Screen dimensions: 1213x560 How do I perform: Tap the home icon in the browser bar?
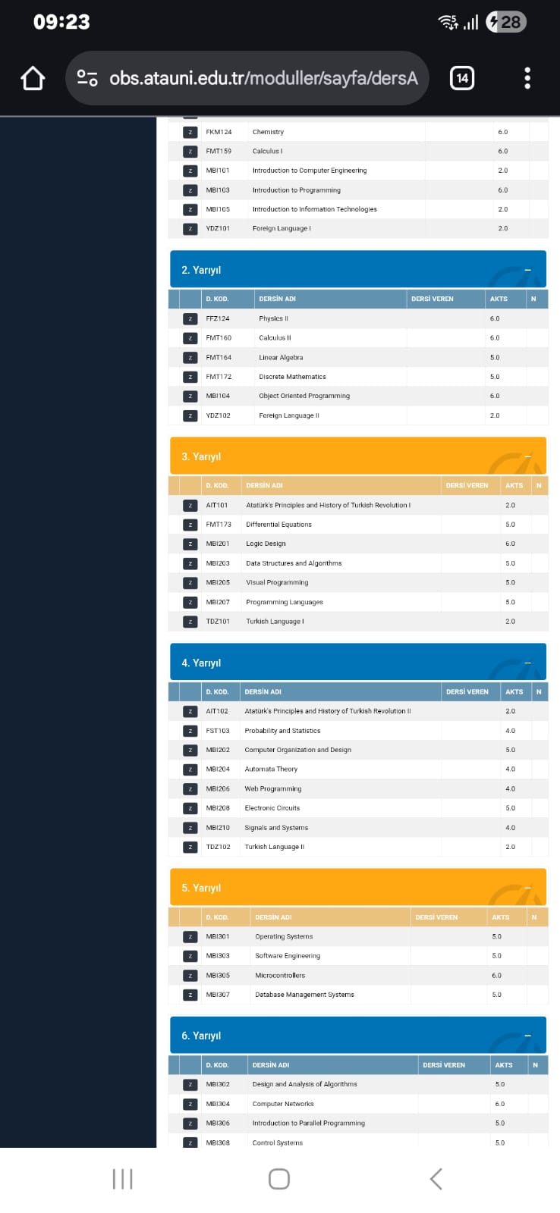[33, 78]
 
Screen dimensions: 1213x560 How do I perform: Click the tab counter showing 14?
[462, 78]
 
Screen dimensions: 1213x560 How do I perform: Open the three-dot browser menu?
[527, 78]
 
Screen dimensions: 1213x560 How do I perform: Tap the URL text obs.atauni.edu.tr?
[263, 78]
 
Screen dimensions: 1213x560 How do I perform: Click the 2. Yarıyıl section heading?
[201, 270]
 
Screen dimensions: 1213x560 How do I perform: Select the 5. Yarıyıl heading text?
[201, 888]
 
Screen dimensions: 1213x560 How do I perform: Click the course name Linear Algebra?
[281, 358]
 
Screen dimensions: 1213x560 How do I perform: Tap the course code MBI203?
[218, 563]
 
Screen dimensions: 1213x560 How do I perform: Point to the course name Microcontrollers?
[280, 976]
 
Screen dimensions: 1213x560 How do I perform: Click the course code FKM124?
[219, 132]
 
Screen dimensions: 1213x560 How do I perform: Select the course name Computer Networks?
[283, 1104]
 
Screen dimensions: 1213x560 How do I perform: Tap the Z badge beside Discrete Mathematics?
[190, 377]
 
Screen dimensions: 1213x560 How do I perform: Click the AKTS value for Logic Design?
[510, 544]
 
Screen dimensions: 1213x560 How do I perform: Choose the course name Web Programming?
[273, 789]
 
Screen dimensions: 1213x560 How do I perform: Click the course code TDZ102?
[218, 847]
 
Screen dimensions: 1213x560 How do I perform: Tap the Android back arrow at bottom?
[436, 1179]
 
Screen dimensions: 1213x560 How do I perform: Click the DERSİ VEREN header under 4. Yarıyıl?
[467, 692]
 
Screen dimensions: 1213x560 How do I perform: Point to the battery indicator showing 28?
[505, 22]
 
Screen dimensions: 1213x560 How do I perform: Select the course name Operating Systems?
[284, 937]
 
